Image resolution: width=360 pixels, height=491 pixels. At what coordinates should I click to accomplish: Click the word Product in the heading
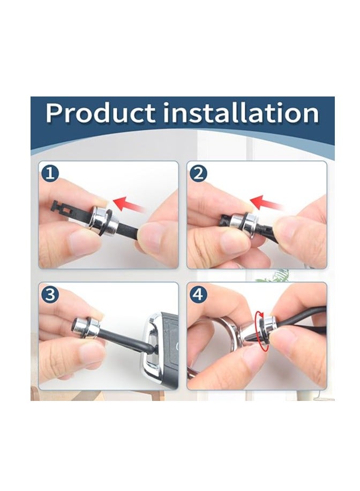(x=100, y=113)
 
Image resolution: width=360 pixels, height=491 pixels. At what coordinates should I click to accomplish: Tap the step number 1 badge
(x=50, y=173)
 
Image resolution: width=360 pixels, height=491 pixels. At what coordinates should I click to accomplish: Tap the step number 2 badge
(x=198, y=173)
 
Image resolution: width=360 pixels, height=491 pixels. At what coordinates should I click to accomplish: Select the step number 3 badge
(x=50, y=294)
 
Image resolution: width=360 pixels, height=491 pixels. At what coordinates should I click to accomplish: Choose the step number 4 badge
(x=198, y=294)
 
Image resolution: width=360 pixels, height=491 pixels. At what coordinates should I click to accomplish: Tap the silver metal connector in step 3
(x=86, y=327)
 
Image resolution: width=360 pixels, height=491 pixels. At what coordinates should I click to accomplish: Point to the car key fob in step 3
(x=160, y=351)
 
